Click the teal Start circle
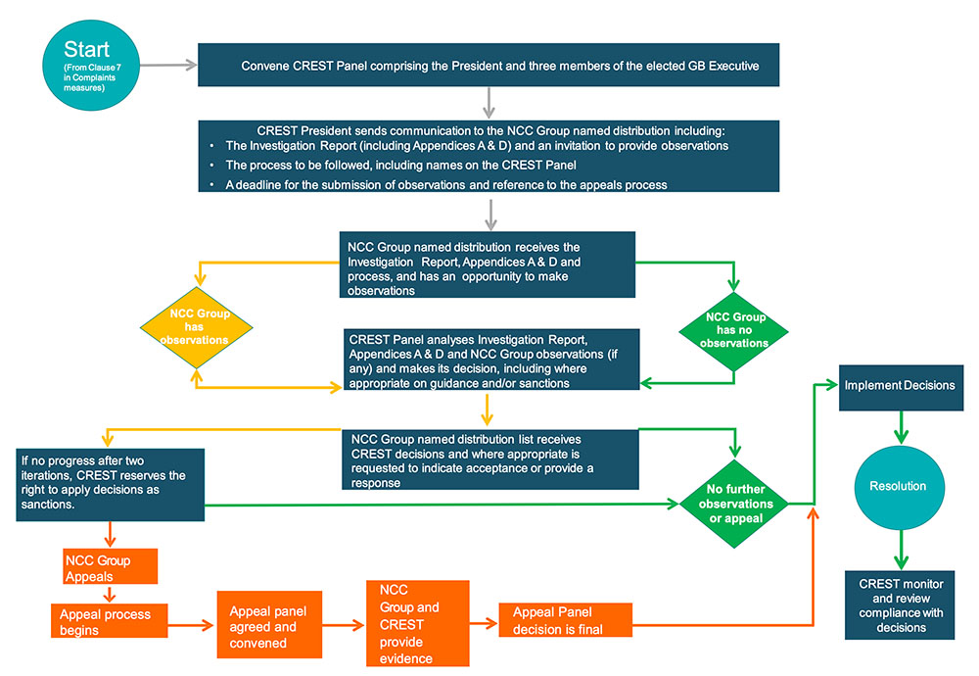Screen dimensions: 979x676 (91, 65)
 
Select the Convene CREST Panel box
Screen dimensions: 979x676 (489, 65)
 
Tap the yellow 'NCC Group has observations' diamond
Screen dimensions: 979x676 (196, 327)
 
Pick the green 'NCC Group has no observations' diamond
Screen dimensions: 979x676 (733, 331)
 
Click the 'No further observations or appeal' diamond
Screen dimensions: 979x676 (734, 504)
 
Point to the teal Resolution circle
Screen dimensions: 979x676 (899, 487)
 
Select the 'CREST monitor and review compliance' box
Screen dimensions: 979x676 (900, 604)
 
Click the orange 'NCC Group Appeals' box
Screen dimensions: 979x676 (111, 566)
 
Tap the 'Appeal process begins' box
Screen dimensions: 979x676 (110, 620)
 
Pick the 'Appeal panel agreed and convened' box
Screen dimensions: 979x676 (269, 625)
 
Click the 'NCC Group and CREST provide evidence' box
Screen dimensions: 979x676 (418, 623)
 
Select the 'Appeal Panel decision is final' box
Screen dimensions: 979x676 (566, 620)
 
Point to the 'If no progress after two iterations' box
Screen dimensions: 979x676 (111, 485)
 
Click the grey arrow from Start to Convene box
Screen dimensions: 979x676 (168, 65)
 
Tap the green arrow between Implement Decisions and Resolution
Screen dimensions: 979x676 (901, 427)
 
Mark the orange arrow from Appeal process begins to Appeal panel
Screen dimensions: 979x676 (191, 625)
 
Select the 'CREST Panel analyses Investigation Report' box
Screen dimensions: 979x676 (491, 360)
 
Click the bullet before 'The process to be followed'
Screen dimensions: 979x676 (212, 166)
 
